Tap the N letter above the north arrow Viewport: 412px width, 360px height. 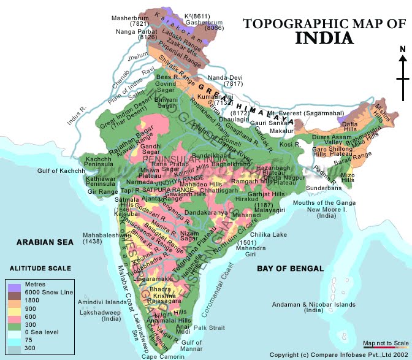402,50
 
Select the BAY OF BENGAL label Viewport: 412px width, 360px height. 290,268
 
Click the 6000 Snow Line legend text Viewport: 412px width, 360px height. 48,293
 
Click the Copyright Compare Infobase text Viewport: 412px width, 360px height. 339,354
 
